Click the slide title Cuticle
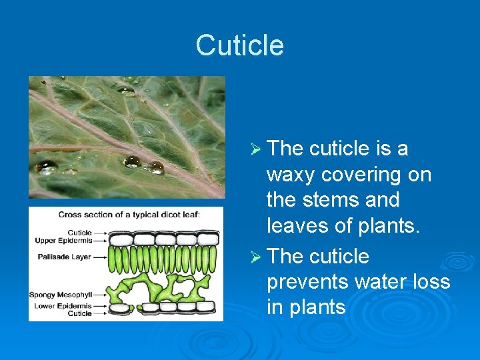point(240,45)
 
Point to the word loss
point(429,282)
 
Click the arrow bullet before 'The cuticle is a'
point(255,149)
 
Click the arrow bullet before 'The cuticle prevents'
point(255,257)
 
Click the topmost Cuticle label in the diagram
point(79,233)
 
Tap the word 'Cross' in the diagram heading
point(69,215)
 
